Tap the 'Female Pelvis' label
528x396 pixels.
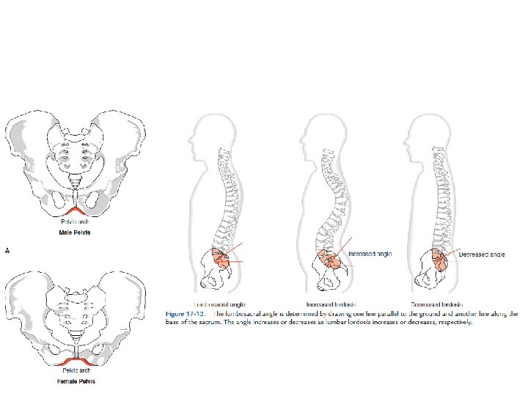pos(76,381)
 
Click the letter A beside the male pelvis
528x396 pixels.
pos(7,250)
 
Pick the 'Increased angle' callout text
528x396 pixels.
pos(370,254)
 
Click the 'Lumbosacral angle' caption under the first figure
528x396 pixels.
pos(218,304)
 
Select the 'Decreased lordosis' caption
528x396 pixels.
pos(436,304)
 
